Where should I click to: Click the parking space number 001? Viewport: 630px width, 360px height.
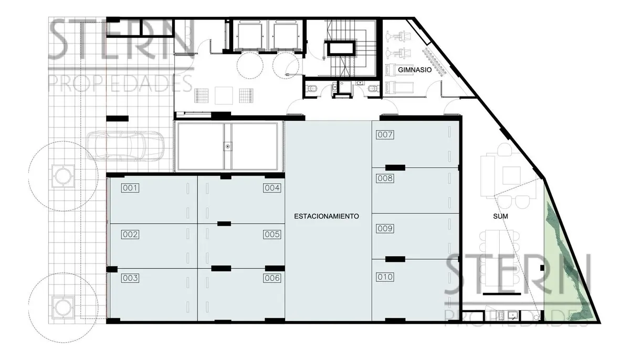(x=130, y=188)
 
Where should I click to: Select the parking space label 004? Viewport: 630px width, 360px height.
(x=272, y=188)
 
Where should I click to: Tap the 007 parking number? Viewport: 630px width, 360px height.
(x=385, y=135)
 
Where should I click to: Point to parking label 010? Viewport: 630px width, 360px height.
(x=385, y=277)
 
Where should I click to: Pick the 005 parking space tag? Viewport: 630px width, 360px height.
(x=272, y=234)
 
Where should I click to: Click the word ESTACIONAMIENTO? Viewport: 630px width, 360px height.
(x=327, y=216)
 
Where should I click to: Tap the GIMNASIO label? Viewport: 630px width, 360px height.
(x=415, y=70)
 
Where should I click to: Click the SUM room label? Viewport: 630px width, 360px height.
(x=500, y=216)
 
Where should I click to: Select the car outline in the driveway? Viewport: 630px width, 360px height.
(x=125, y=146)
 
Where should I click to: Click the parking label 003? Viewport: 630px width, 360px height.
(x=130, y=278)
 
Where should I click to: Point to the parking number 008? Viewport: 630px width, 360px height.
(x=385, y=178)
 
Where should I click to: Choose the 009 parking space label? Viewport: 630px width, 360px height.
(x=385, y=228)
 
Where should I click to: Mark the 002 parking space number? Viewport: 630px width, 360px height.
(x=130, y=234)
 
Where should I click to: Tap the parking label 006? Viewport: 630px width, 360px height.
(x=272, y=278)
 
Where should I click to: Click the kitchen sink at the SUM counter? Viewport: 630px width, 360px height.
(x=513, y=315)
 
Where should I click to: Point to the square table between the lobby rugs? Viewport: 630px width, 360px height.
(x=224, y=96)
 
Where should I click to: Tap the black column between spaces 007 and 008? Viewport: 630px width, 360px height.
(x=395, y=168)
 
